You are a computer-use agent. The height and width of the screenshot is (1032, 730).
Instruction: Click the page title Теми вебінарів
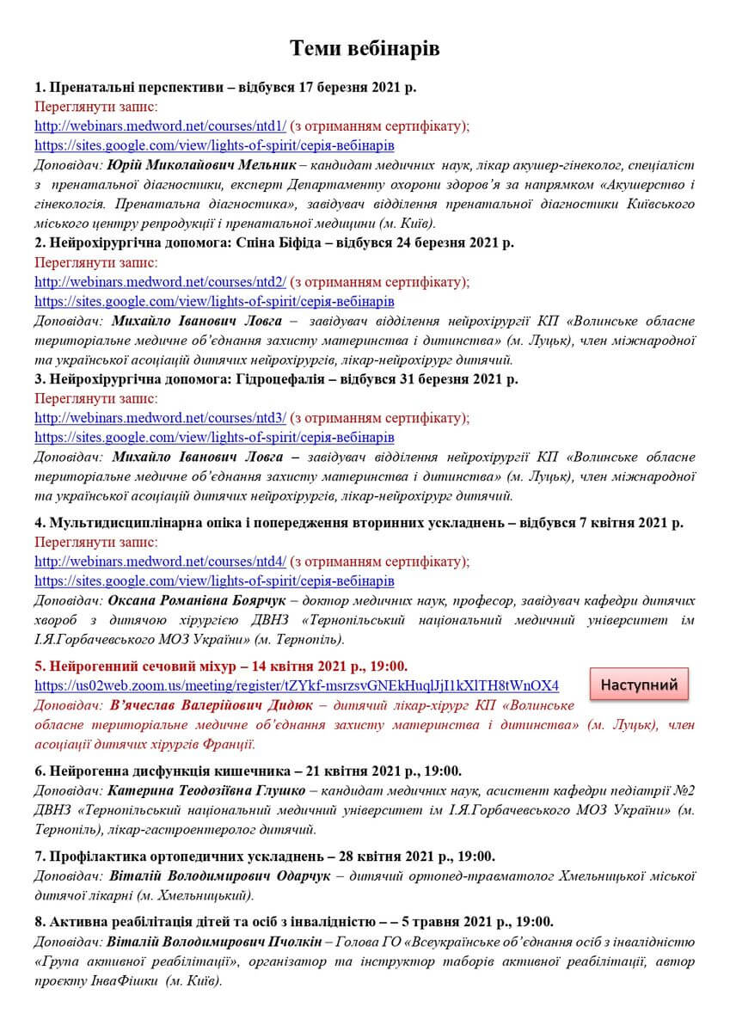[365, 48]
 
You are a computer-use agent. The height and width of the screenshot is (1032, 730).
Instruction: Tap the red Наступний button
[639, 685]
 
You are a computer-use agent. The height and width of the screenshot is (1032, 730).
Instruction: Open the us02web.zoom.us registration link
[297, 685]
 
